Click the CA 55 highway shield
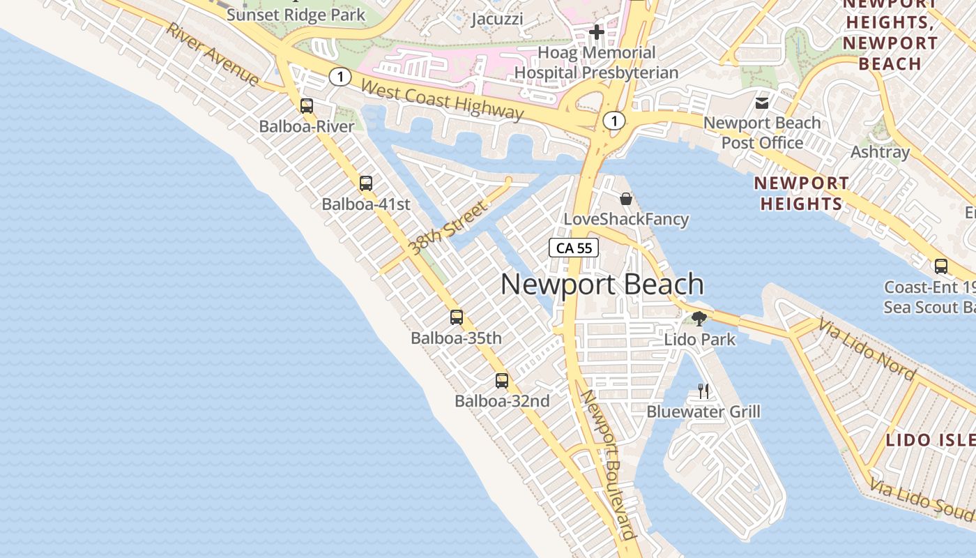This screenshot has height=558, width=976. point(574,248)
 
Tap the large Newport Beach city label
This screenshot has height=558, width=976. point(602,285)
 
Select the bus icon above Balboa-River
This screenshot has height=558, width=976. point(307,106)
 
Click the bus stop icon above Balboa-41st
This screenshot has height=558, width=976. point(366,183)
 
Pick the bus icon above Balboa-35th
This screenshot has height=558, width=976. point(457,317)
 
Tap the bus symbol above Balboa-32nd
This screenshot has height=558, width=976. point(502,381)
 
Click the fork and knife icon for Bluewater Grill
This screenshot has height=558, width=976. point(703,391)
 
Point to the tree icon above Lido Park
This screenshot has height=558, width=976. point(699,319)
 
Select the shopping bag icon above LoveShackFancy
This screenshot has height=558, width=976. point(626,199)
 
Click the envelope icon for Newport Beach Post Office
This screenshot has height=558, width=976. point(762,103)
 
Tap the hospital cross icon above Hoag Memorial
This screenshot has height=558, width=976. point(596,31)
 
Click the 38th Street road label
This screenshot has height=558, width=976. point(447,228)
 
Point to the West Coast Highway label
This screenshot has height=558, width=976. point(443,100)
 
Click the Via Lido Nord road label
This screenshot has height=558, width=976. point(867,349)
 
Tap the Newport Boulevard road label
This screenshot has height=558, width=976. point(609,465)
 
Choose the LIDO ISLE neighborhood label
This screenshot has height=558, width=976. point(930,440)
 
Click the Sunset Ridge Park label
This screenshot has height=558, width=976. point(296,15)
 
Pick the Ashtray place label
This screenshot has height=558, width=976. point(880,152)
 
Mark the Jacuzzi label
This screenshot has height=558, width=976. point(497,19)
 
